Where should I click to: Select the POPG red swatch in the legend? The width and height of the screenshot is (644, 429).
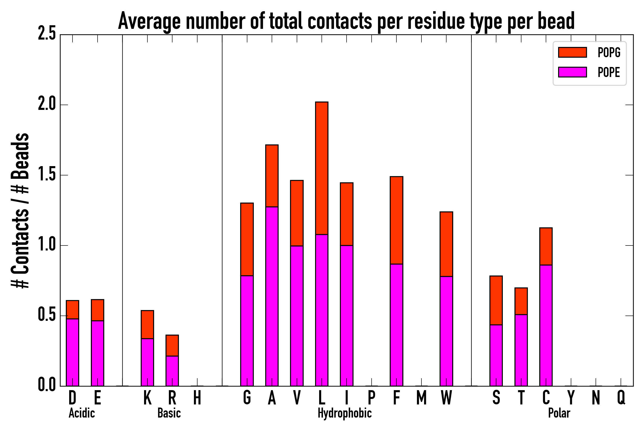tap(572, 52)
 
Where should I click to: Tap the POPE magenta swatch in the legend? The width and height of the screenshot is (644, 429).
tap(572, 72)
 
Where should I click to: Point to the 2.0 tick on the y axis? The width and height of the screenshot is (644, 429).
tap(47, 105)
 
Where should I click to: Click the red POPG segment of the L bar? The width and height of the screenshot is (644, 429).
tap(322, 168)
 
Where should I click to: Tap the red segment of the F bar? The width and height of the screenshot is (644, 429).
tap(396, 220)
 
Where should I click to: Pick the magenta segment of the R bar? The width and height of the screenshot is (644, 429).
tap(172, 371)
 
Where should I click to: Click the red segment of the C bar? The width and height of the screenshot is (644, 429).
tap(546, 246)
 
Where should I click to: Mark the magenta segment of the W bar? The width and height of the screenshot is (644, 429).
tap(446, 331)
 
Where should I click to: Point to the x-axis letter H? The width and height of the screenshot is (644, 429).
tap(197, 398)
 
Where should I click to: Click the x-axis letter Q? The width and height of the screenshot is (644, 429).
tap(621, 398)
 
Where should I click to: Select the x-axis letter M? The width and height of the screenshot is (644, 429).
tap(421, 398)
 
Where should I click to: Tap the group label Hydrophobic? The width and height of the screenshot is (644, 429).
tap(345, 413)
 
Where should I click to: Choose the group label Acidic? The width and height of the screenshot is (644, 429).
tap(82, 413)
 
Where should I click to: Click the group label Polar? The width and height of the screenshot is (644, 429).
tap(559, 413)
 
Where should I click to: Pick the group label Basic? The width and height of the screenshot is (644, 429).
tap(169, 413)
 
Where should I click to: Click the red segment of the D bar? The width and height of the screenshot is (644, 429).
tap(73, 310)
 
